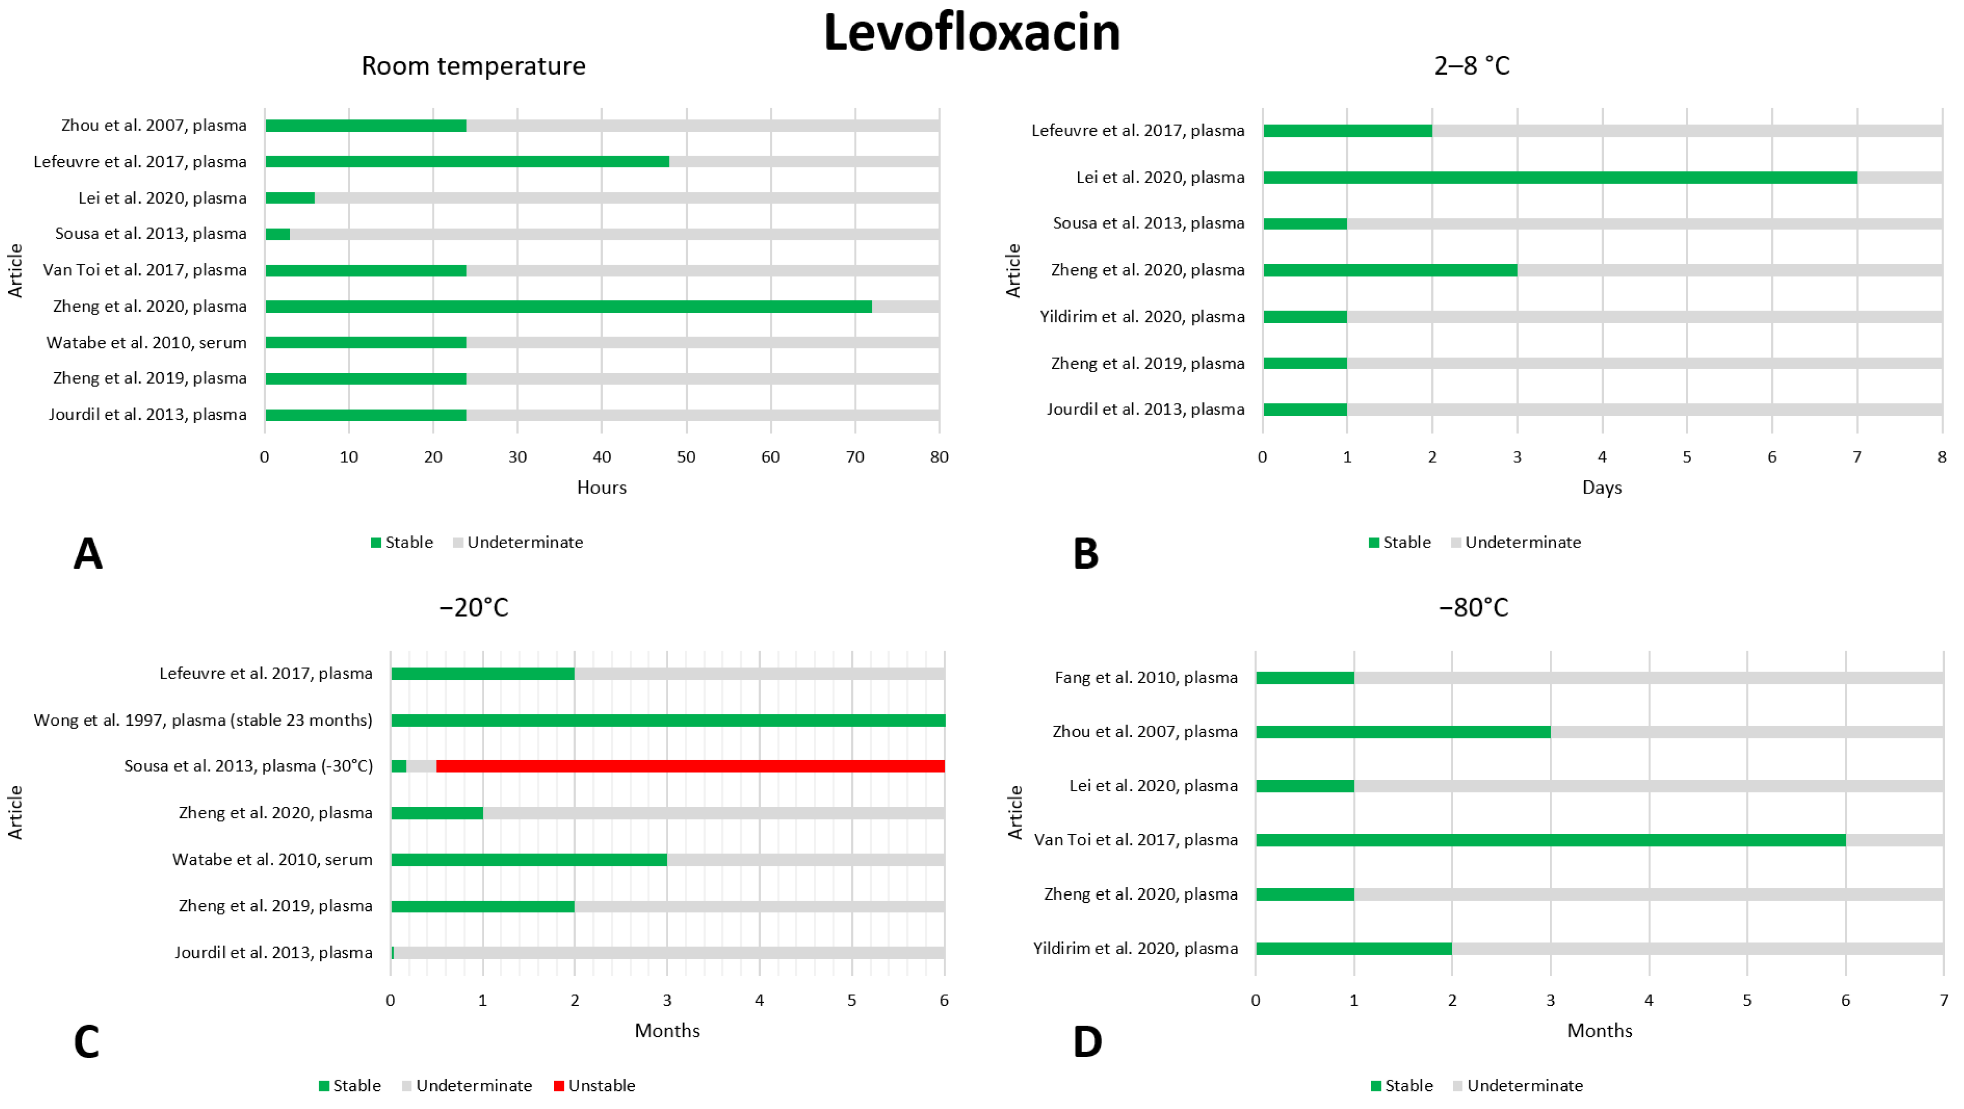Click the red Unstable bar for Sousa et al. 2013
(x=690, y=766)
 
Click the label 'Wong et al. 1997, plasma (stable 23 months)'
(x=203, y=720)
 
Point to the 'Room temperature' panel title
(x=473, y=66)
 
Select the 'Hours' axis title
(x=601, y=487)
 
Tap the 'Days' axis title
(x=1602, y=487)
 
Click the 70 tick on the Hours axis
(x=855, y=457)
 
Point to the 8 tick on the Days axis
(x=1941, y=457)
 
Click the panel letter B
(x=1086, y=553)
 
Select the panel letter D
(x=1087, y=1041)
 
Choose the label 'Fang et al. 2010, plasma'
(x=1146, y=677)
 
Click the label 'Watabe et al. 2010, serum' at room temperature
(x=146, y=342)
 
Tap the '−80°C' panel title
(x=1473, y=608)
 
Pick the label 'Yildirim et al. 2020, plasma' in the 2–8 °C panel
(x=1142, y=316)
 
